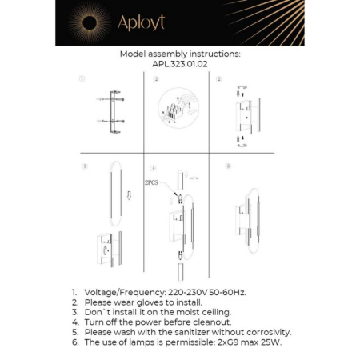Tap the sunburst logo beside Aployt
(x=90, y=22)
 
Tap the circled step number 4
(x=153, y=168)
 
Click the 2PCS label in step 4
(x=152, y=183)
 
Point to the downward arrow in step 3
(x=129, y=195)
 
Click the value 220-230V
(x=190, y=294)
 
